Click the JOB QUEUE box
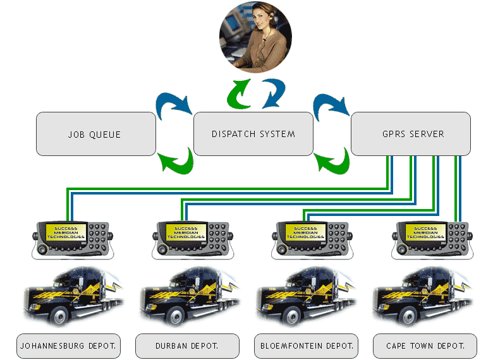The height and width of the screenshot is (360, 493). point(95,134)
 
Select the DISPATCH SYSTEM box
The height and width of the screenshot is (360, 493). point(253,134)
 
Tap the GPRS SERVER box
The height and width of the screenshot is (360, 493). point(410,134)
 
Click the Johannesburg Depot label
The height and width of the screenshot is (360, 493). point(68,346)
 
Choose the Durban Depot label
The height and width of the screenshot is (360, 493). point(187,346)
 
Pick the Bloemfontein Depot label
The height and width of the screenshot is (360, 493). point(307,346)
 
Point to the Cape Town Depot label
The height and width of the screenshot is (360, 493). point(425,346)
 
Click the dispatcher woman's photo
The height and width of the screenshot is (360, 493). point(256,37)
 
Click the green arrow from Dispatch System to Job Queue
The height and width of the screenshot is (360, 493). point(176,160)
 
